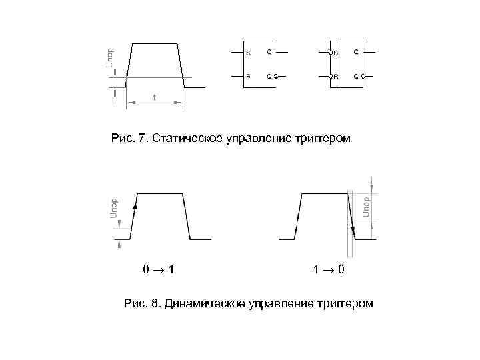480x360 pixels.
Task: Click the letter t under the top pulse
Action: (155, 97)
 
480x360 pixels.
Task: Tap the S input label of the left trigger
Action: (248, 53)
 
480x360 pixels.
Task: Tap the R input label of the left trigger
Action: (248, 77)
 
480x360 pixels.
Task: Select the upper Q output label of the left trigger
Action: (269, 52)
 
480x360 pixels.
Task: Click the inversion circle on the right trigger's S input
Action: (329, 53)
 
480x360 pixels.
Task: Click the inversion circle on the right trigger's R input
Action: (329, 77)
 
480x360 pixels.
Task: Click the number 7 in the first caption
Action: (142, 139)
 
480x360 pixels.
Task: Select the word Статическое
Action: (189, 139)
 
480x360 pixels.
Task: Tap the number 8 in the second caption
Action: (155, 304)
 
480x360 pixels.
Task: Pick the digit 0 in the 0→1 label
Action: (145, 270)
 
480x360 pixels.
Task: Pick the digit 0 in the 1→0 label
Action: (341, 270)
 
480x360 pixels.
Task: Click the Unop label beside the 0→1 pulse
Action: (113, 207)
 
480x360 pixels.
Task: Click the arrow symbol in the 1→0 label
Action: (327, 270)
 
